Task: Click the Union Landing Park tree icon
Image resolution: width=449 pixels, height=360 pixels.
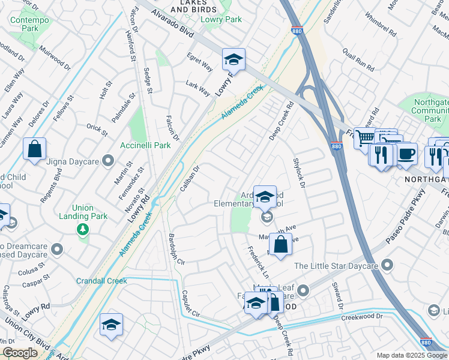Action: click(82, 229)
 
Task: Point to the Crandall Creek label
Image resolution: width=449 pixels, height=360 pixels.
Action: click(101, 281)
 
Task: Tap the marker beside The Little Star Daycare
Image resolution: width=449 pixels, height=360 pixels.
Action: click(388, 264)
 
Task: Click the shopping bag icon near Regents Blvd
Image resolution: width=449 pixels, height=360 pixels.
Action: click(35, 148)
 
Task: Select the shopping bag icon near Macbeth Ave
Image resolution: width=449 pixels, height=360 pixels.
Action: click(280, 244)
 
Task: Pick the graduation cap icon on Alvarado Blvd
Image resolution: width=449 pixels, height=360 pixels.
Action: click(234, 59)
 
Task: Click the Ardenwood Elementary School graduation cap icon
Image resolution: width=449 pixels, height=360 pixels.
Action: click(265, 196)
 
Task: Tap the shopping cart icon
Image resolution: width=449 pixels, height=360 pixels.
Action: click(364, 139)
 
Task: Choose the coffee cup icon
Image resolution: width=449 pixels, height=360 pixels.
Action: click(406, 153)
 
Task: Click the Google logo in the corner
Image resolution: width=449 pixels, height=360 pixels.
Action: click(20, 353)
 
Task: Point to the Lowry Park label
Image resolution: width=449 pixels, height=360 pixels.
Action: click(226, 19)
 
